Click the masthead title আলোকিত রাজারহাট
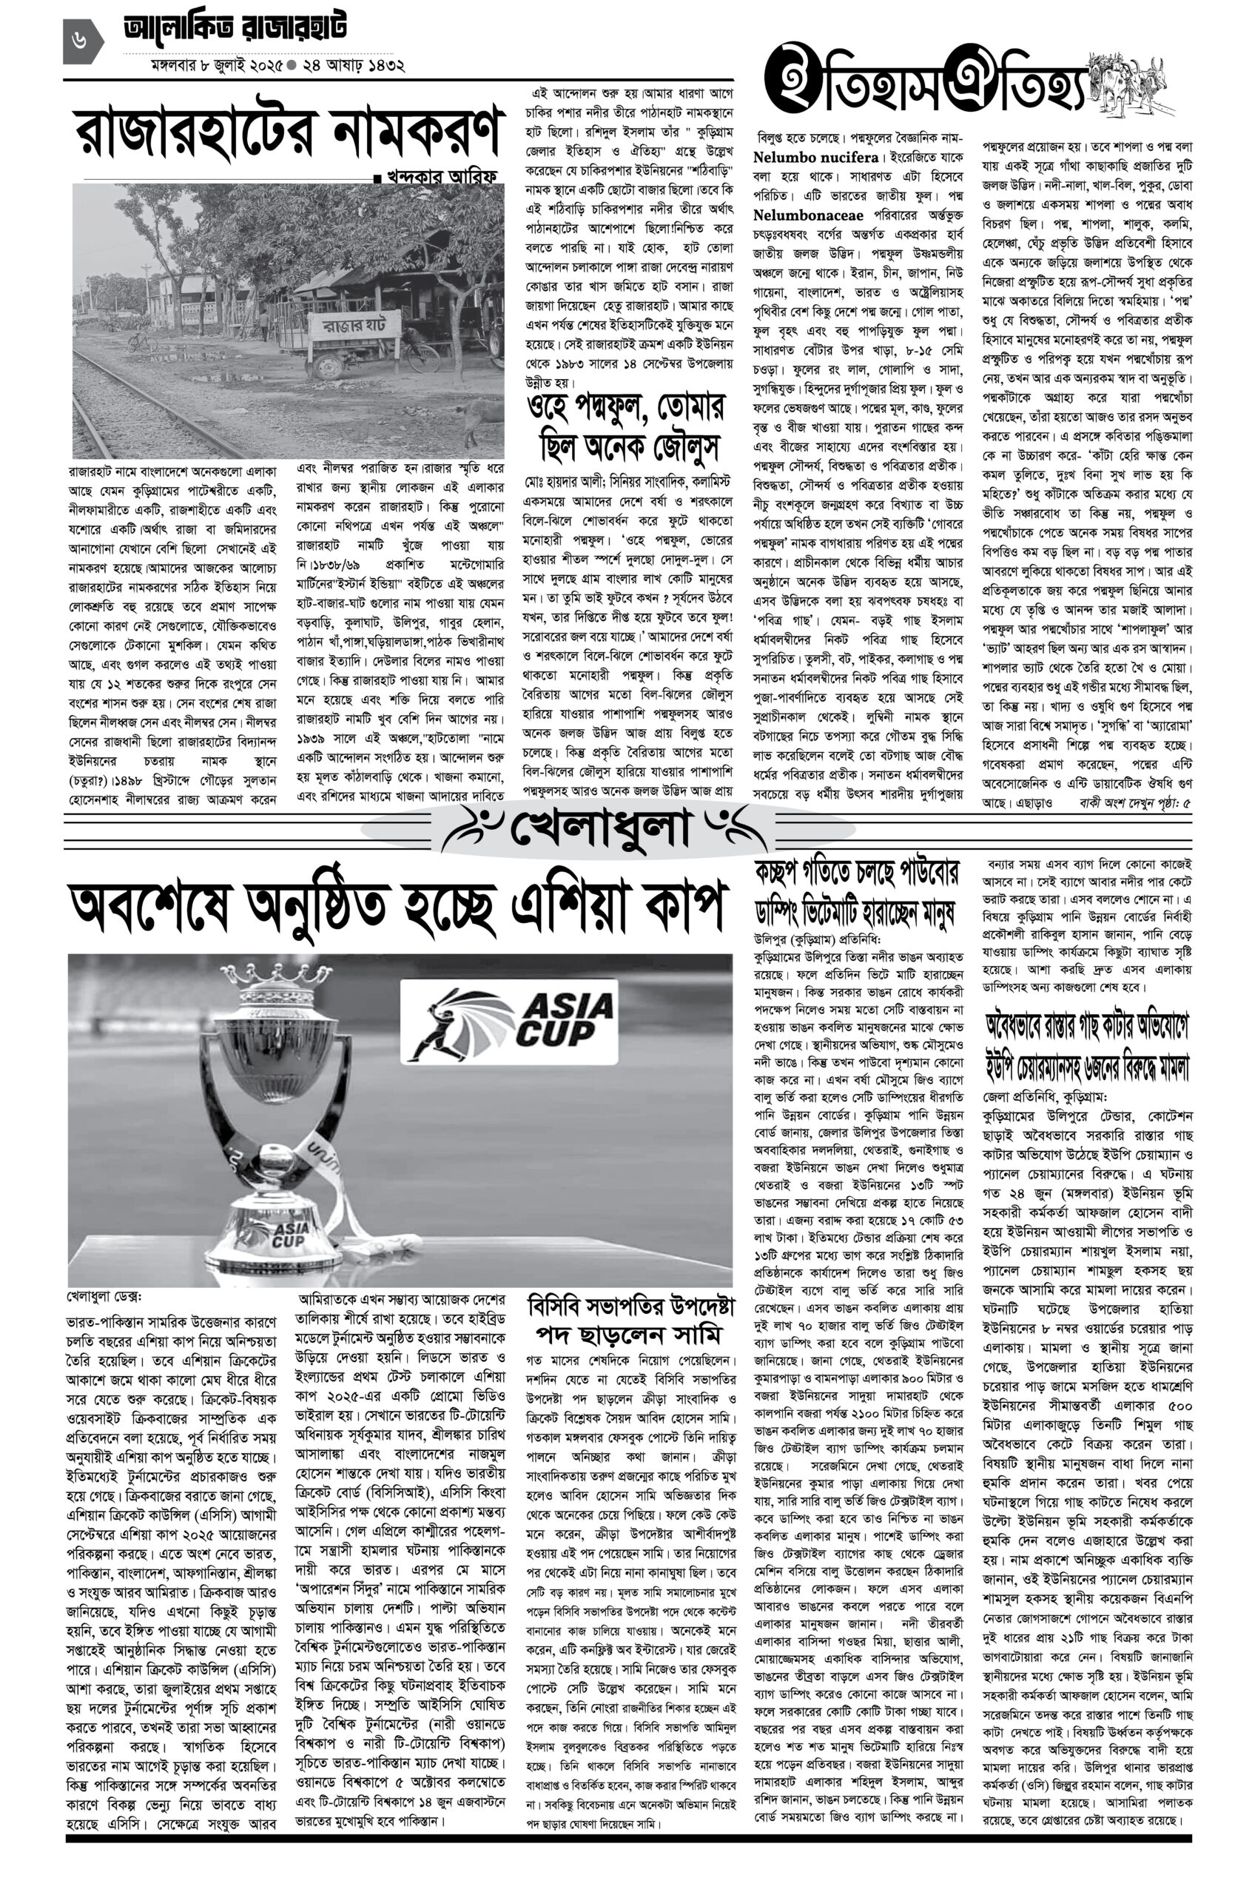(235, 30)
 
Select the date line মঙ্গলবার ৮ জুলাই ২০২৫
(202, 65)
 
